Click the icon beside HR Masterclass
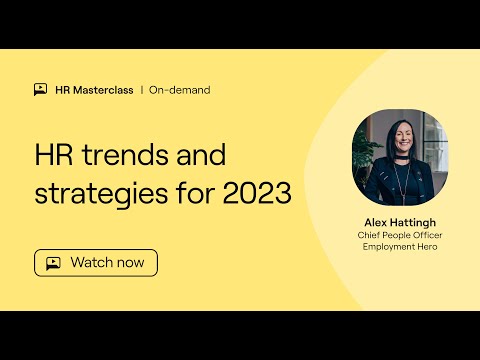click(x=40, y=89)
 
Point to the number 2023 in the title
click(x=259, y=193)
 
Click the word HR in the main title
click(x=52, y=156)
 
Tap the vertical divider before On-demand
click(x=141, y=89)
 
